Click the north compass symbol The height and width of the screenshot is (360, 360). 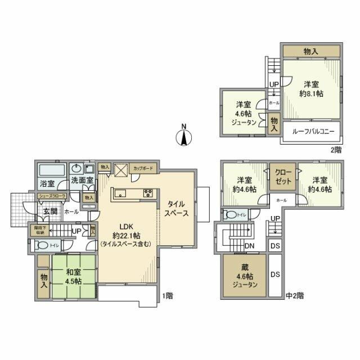tap(184, 134)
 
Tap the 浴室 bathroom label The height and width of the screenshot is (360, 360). tap(47, 183)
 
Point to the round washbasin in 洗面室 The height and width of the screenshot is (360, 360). tap(76, 169)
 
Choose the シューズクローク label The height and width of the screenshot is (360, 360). tap(52, 196)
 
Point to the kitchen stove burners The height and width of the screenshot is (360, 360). tap(148, 193)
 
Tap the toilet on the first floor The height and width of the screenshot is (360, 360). tap(40, 245)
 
